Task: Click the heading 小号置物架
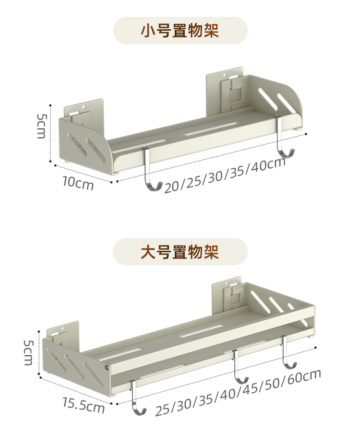coord(180,31)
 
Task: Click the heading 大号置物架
coord(180,252)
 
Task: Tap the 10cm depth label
coord(78,183)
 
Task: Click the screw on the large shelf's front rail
coord(106,368)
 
